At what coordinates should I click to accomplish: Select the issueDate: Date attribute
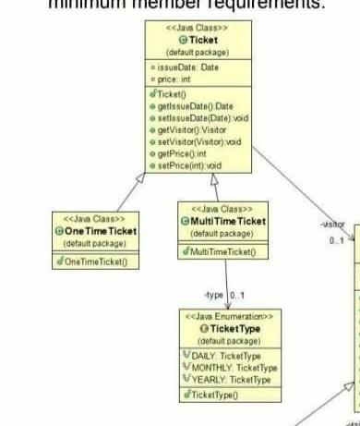pos(186,68)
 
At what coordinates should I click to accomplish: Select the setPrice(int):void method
pos(190,165)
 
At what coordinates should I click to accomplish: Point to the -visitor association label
pos(332,225)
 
